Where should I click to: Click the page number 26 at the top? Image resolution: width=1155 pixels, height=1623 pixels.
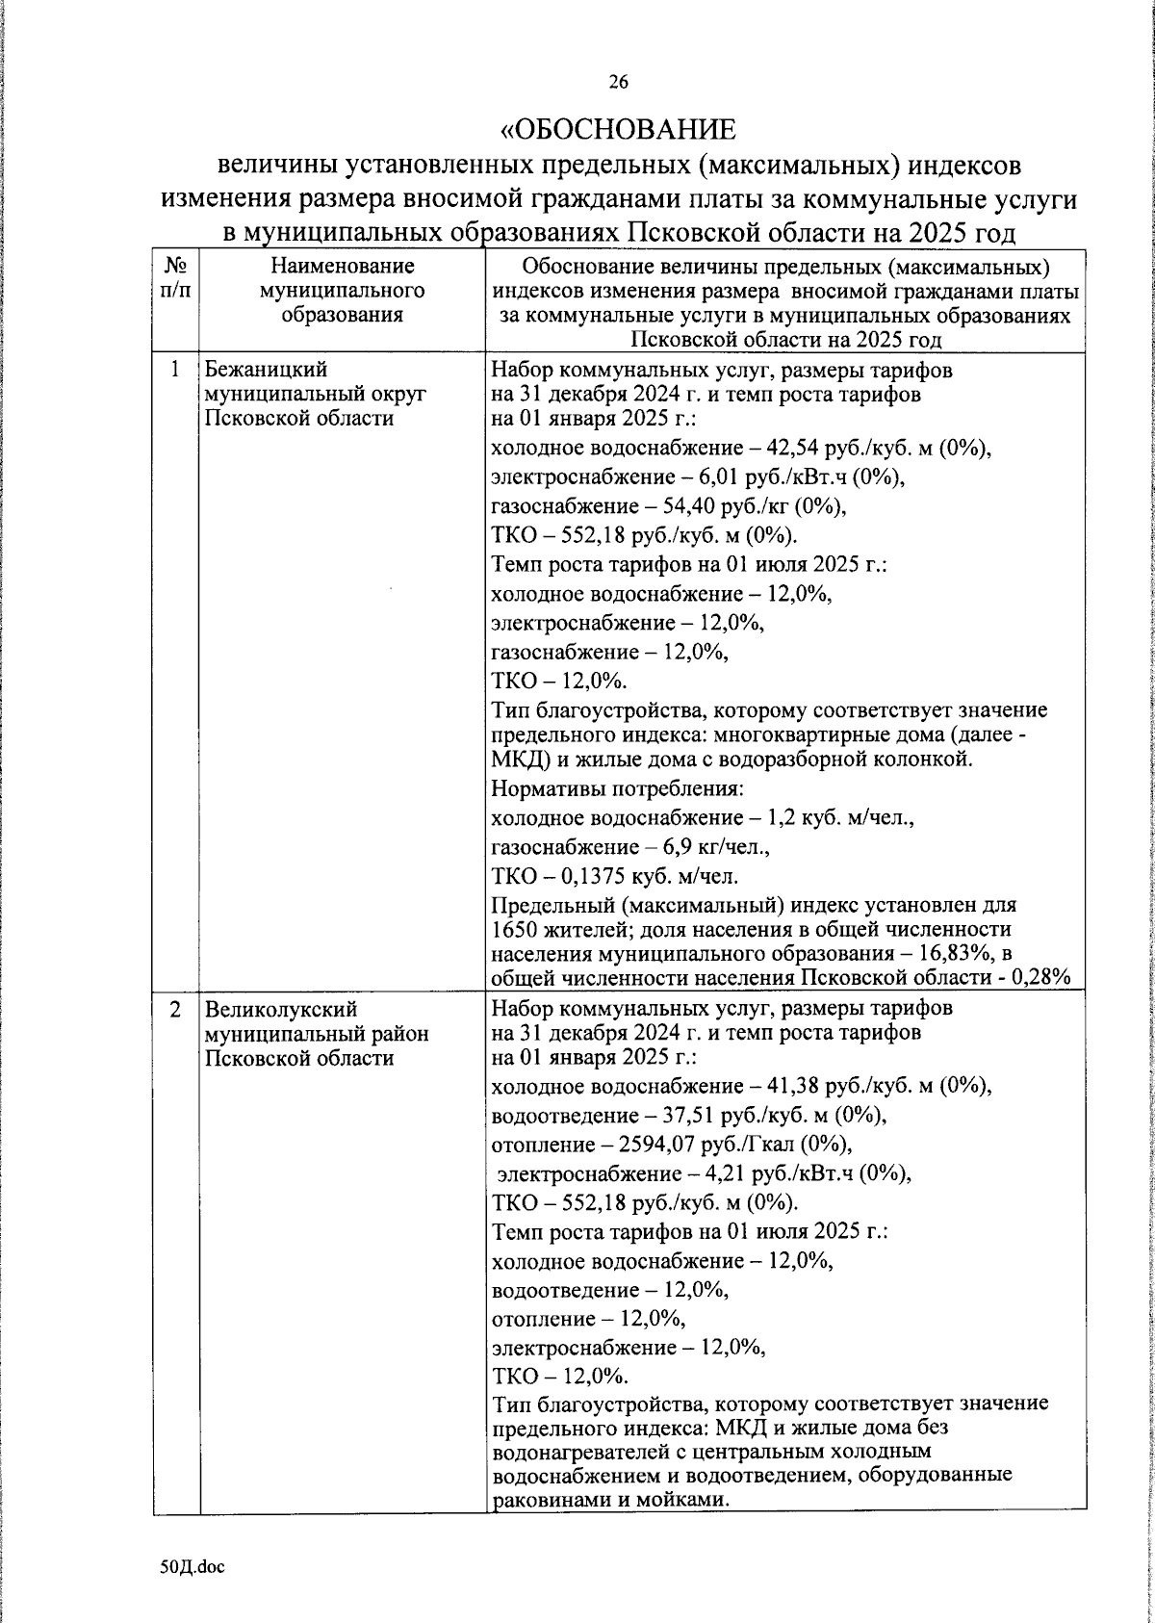pos(617,83)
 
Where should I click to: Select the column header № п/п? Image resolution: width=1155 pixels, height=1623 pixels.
pos(175,277)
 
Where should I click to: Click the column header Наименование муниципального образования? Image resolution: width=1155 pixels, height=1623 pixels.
pos(342,289)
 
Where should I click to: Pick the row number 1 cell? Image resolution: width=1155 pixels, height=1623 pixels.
pos(175,370)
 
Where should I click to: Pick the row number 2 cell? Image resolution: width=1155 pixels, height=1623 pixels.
pos(175,1010)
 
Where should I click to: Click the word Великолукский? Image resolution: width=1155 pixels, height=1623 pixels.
pos(280,1010)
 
